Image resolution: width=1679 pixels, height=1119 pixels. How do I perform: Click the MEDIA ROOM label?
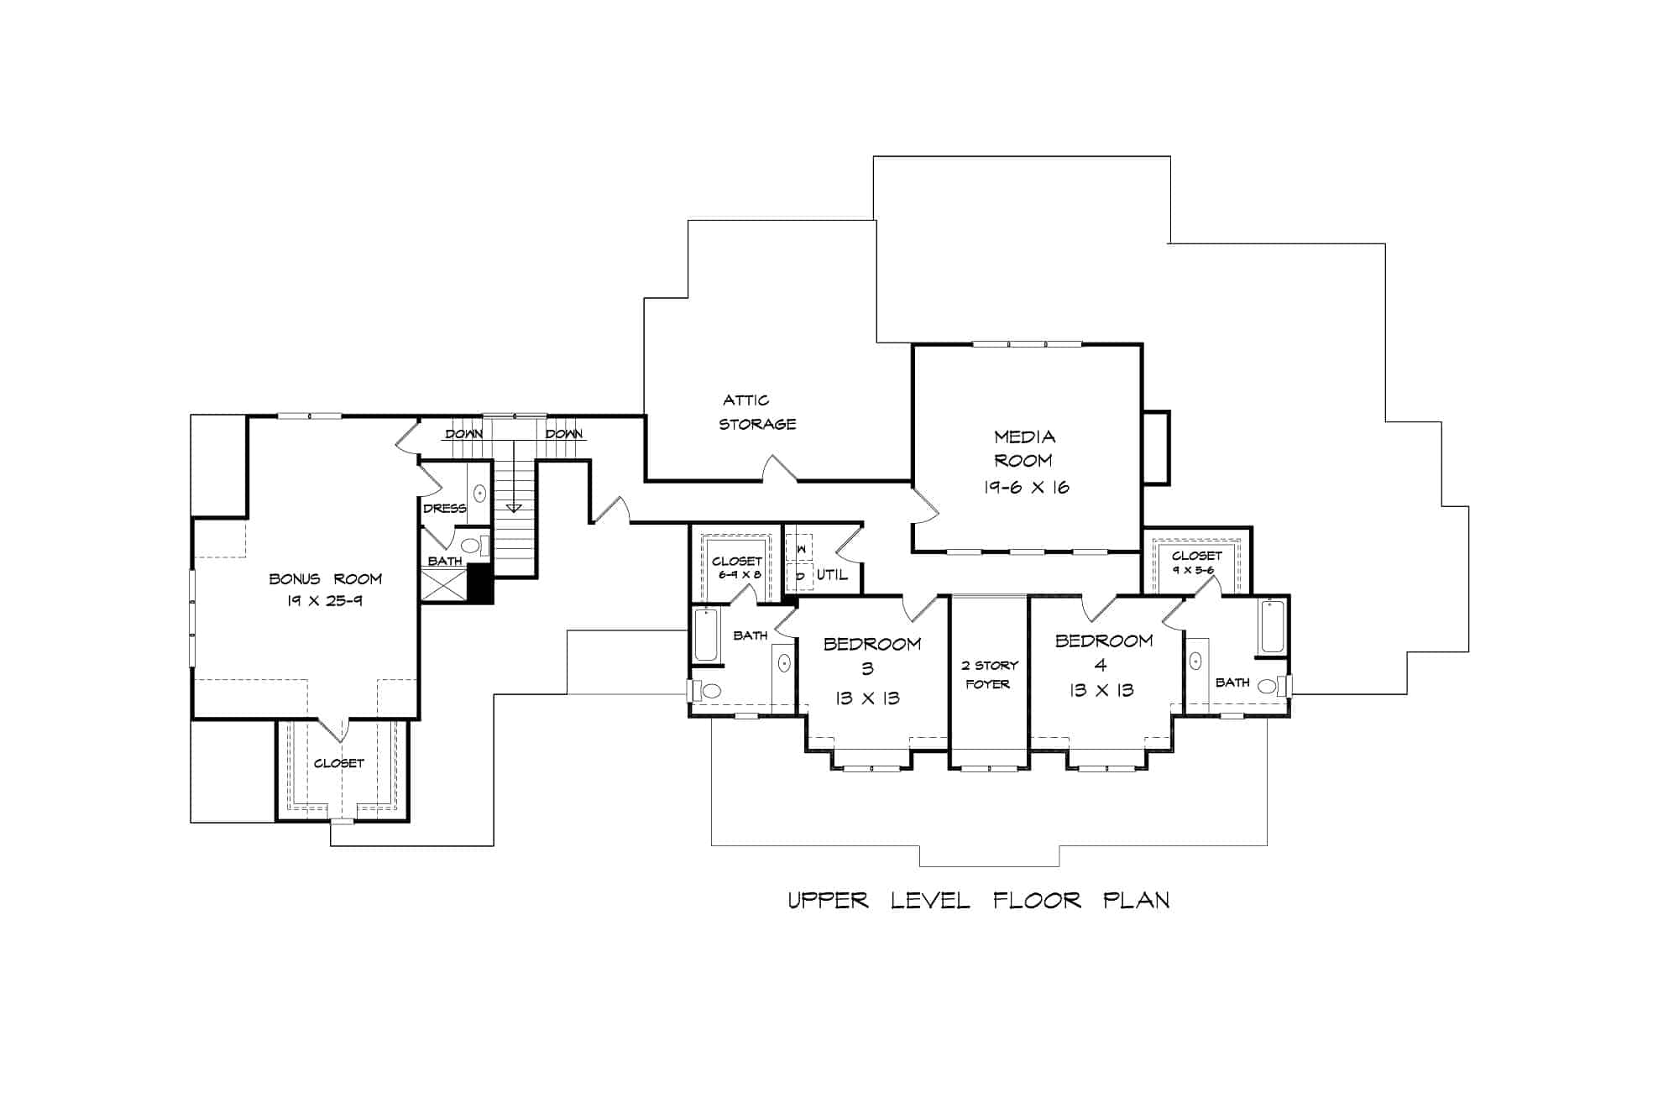pyautogui.click(x=1023, y=448)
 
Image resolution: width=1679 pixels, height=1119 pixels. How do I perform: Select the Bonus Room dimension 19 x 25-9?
pyautogui.click(x=325, y=601)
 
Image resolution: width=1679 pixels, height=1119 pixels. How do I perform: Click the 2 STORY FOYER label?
pyautogui.click(x=989, y=674)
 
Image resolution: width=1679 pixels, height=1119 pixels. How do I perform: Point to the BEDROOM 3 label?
pyautogui.click(x=871, y=656)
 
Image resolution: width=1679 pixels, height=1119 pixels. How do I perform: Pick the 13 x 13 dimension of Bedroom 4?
pyautogui.click(x=1101, y=691)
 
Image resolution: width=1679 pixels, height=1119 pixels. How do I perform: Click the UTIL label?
pyautogui.click(x=832, y=575)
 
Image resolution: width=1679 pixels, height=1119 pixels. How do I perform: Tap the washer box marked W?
pyautogui.click(x=800, y=548)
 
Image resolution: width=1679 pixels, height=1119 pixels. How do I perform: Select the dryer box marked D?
pyautogui.click(x=800, y=577)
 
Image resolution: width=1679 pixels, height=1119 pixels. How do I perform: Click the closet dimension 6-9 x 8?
pyautogui.click(x=739, y=575)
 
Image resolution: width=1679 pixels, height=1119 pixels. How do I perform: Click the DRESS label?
pyautogui.click(x=444, y=509)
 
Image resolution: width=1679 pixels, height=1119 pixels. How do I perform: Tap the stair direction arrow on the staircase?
pyautogui.click(x=514, y=507)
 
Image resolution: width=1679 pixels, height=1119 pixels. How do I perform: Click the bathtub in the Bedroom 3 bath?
pyautogui.click(x=706, y=635)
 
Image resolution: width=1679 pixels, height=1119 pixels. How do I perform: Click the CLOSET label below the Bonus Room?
pyautogui.click(x=339, y=763)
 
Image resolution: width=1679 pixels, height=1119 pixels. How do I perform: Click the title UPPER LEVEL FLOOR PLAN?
pyautogui.click(x=978, y=901)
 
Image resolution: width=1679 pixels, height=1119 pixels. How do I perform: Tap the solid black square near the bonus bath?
pyautogui.click(x=480, y=583)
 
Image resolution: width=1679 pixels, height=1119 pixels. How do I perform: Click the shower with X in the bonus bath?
pyautogui.click(x=443, y=584)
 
